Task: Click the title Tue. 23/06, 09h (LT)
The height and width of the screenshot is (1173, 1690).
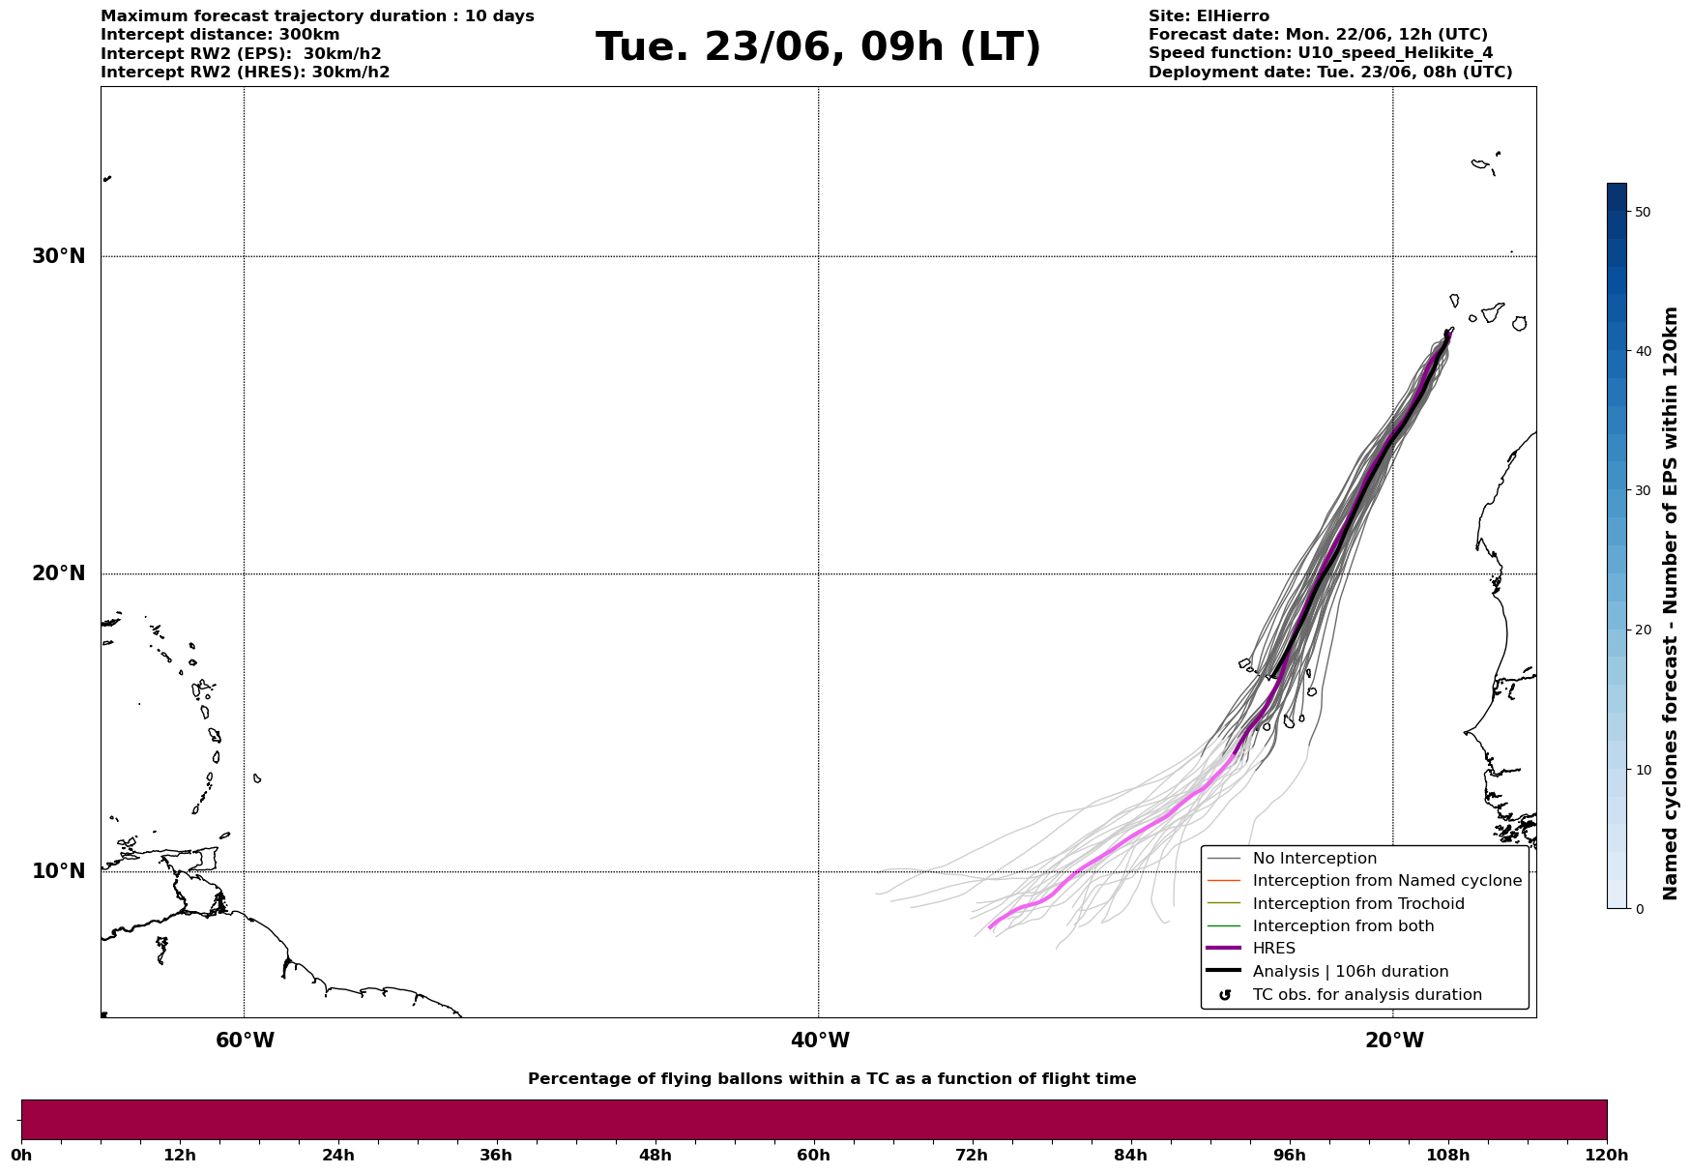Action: click(818, 47)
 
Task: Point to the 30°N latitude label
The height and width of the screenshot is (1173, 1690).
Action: click(59, 256)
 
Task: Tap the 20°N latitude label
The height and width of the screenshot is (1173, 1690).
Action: click(59, 573)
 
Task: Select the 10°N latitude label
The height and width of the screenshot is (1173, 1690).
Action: click(59, 871)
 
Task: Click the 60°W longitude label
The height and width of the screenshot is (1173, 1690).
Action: click(245, 1041)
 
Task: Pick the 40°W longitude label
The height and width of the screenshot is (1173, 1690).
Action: click(820, 1041)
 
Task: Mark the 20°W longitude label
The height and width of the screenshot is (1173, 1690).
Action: click(1394, 1041)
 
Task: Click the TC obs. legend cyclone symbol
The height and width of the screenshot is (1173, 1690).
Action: click(1225, 995)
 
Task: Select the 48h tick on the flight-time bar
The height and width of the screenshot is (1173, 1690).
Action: click(655, 1155)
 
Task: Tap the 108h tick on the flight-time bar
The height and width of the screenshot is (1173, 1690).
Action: click(1447, 1155)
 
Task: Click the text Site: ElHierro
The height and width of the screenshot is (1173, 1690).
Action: click(1209, 16)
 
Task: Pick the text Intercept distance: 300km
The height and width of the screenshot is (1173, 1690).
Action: click(220, 35)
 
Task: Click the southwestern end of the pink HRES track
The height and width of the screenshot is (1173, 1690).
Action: click(990, 927)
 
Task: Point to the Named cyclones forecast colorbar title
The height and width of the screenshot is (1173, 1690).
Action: click(1670, 603)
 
